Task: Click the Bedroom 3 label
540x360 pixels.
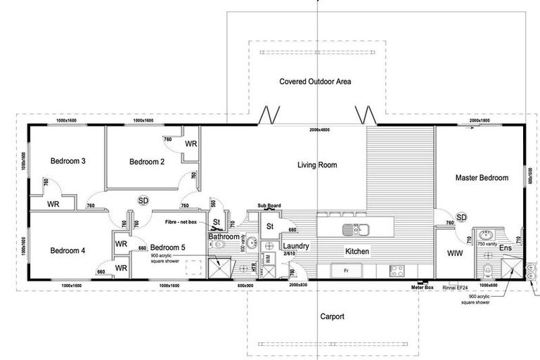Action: point(68,161)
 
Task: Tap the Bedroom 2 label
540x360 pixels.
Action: point(147,162)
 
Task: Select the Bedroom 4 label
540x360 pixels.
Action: point(68,250)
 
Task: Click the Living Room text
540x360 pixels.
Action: point(317,166)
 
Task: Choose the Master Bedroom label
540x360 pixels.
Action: point(482,178)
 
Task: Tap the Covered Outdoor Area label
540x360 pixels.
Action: point(315,82)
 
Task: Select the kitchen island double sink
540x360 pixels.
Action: point(356,229)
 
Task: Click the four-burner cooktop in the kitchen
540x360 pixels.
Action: point(397,269)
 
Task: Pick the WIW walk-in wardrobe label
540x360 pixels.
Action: point(454,251)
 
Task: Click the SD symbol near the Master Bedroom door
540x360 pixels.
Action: point(462,217)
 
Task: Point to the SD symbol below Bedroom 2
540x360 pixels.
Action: point(143,200)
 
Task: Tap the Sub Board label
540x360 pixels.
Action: point(269,206)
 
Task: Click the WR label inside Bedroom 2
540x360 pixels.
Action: point(191,143)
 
